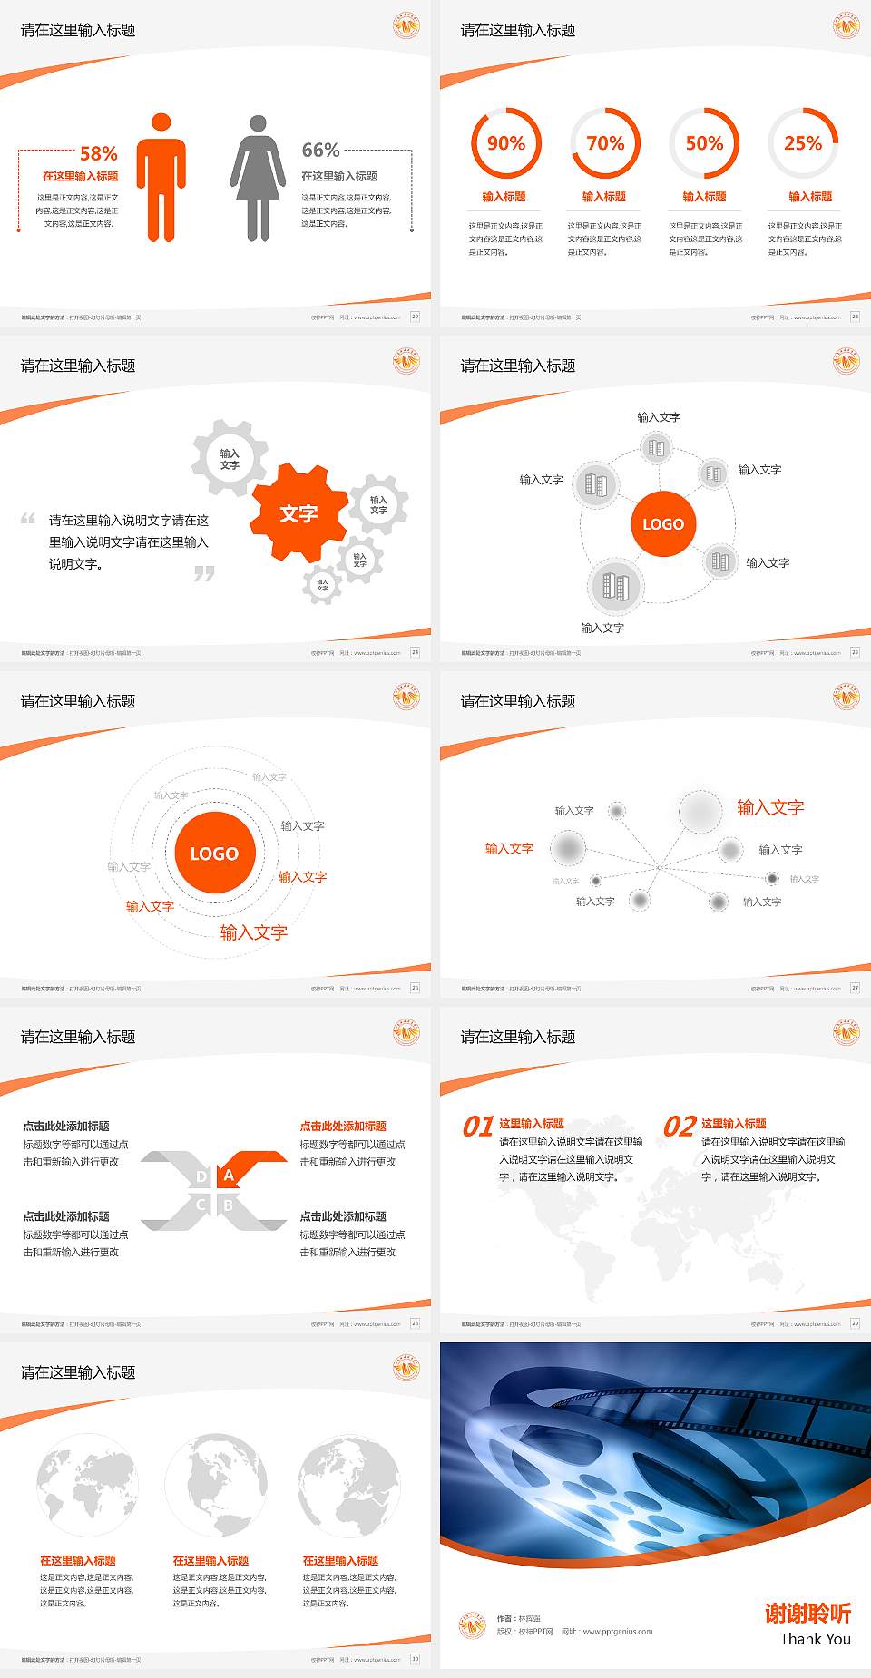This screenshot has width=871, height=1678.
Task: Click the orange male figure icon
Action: [x=161, y=179]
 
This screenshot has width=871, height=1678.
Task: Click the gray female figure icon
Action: [x=258, y=179]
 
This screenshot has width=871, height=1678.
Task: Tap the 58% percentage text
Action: [x=98, y=153]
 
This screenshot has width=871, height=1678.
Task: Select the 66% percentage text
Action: [x=320, y=150]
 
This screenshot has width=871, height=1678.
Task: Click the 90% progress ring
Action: [x=505, y=143]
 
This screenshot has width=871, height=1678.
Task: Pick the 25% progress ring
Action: [x=803, y=143]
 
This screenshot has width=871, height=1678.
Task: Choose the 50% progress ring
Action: [x=704, y=143]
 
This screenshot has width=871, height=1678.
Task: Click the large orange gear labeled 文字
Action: [x=298, y=513]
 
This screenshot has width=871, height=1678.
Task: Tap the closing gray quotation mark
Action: [x=204, y=573]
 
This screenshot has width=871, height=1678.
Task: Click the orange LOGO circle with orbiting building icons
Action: [x=663, y=523]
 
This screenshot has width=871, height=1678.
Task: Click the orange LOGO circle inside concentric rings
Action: [x=214, y=854]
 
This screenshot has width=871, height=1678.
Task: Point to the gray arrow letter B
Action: [x=229, y=1205]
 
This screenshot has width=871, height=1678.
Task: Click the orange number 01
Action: [x=478, y=1127]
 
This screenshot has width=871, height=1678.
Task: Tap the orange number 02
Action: [x=680, y=1127]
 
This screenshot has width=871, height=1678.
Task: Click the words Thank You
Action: [x=815, y=1639]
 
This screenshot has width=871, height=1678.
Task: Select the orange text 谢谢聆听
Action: [x=807, y=1613]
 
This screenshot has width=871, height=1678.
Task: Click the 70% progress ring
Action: [x=605, y=143]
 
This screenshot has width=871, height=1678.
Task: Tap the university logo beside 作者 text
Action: [x=472, y=1625]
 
